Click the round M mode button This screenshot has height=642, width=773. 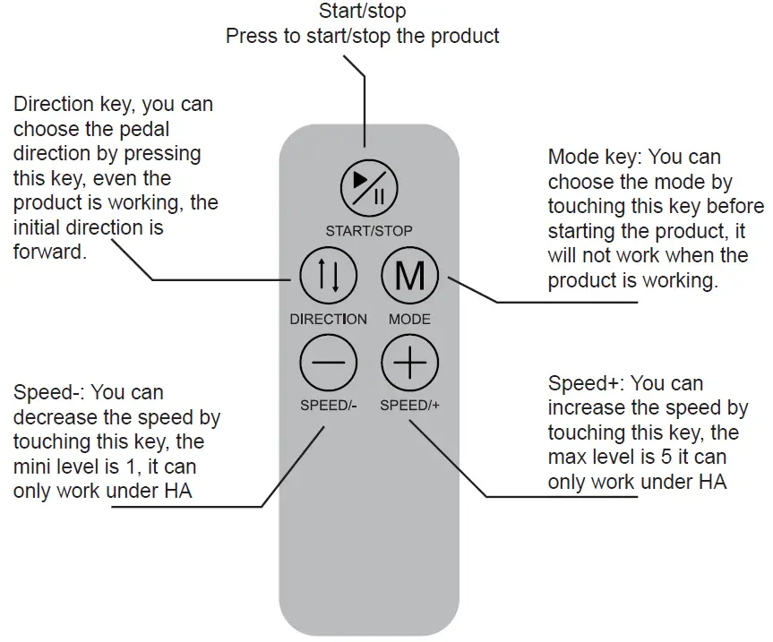(x=410, y=277)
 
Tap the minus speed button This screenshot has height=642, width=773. (x=327, y=364)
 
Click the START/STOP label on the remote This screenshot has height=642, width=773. (x=369, y=231)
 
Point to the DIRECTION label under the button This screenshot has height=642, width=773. (x=328, y=319)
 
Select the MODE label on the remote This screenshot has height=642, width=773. (x=409, y=319)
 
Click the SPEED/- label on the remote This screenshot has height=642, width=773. (x=328, y=405)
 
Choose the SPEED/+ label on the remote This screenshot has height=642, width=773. (x=410, y=405)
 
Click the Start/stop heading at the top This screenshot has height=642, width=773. (x=362, y=12)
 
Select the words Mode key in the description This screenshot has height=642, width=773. (x=593, y=158)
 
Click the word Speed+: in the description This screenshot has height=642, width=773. (x=586, y=384)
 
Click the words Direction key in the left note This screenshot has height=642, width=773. (x=72, y=105)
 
